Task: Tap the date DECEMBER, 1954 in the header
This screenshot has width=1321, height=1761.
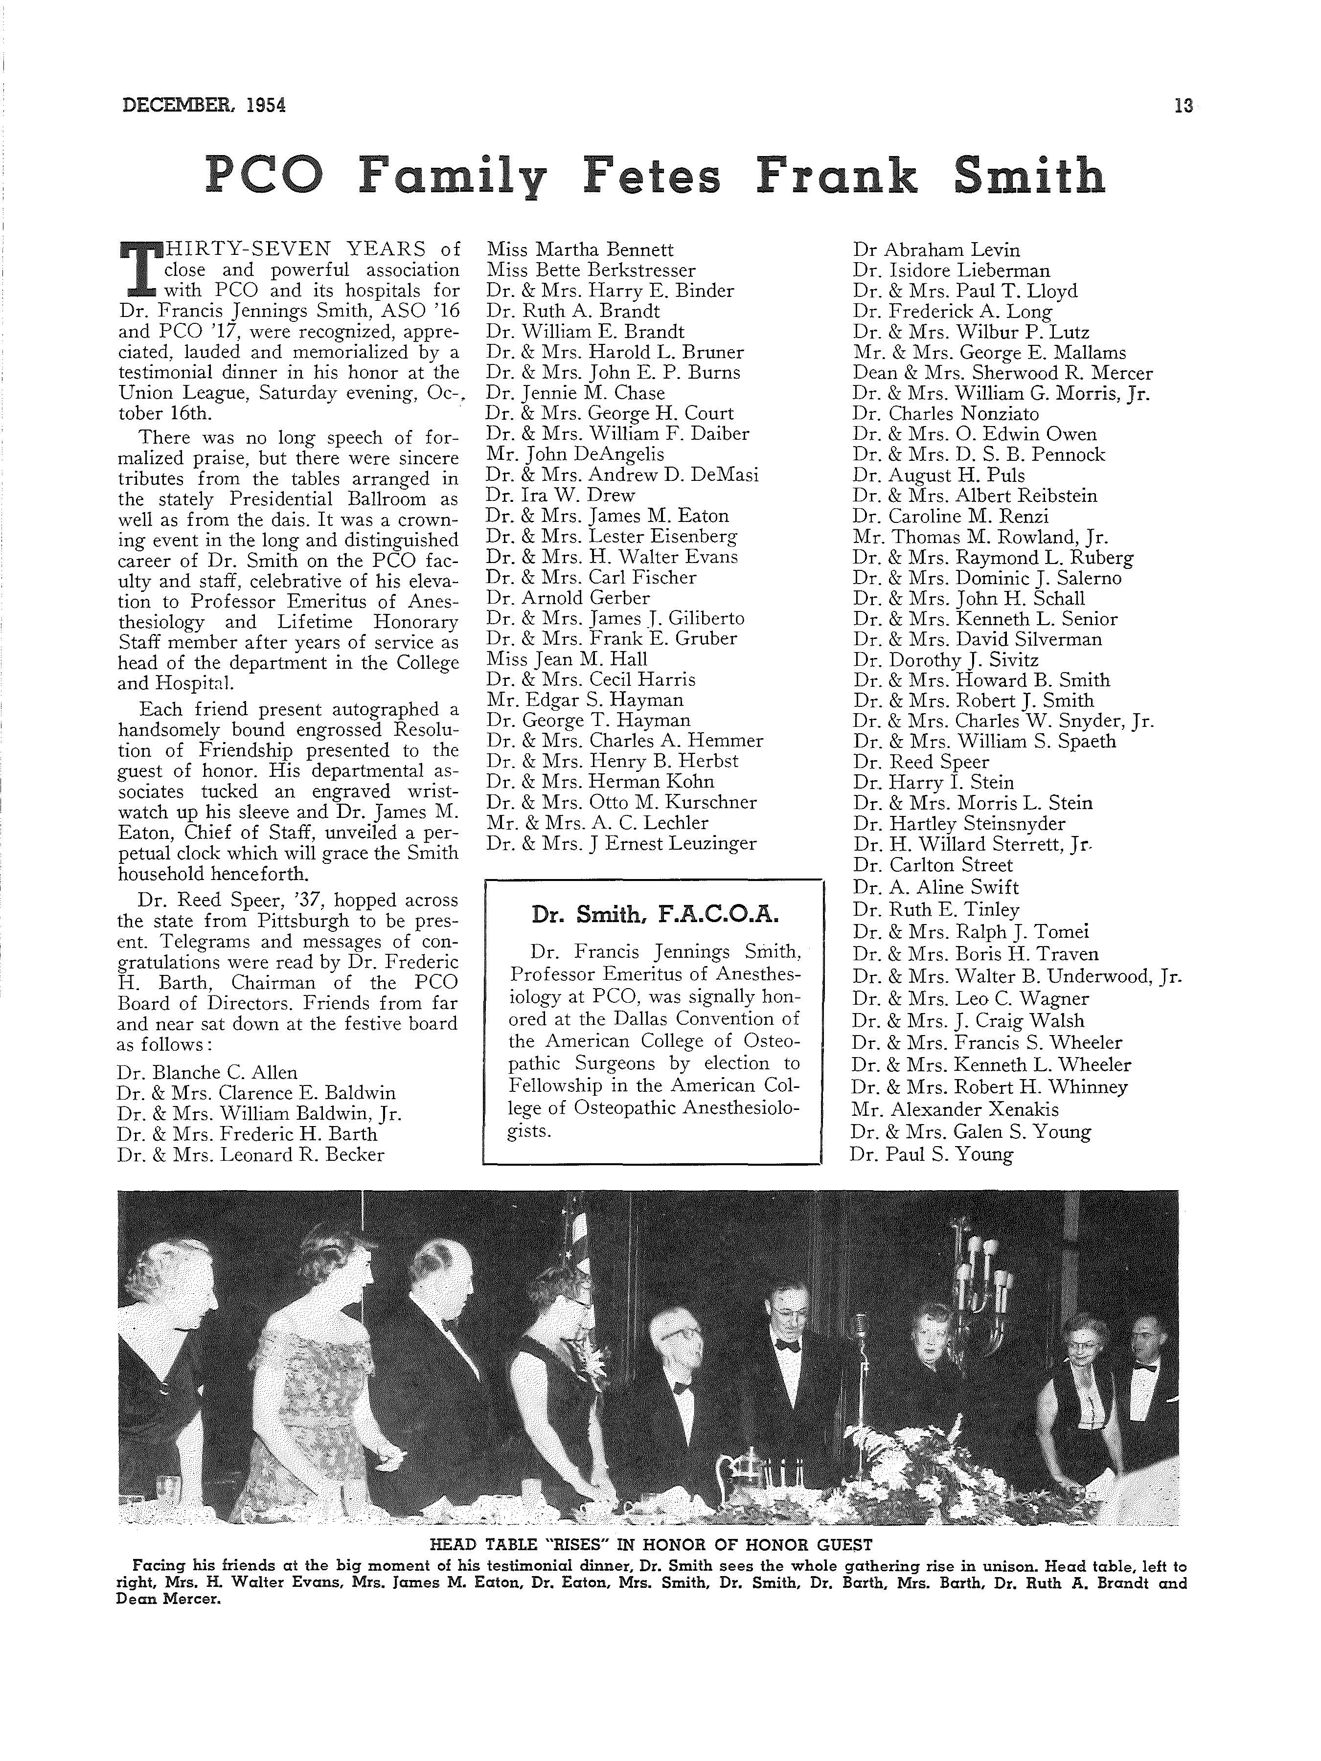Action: pyautogui.click(x=204, y=105)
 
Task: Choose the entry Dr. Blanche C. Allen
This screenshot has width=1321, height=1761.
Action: pyautogui.click(x=207, y=1072)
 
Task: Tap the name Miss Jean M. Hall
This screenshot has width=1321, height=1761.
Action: pyautogui.click(x=567, y=659)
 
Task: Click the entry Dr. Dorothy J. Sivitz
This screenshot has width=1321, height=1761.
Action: pyautogui.click(x=945, y=660)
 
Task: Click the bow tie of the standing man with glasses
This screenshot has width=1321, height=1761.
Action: pyautogui.click(x=788, y=1345)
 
